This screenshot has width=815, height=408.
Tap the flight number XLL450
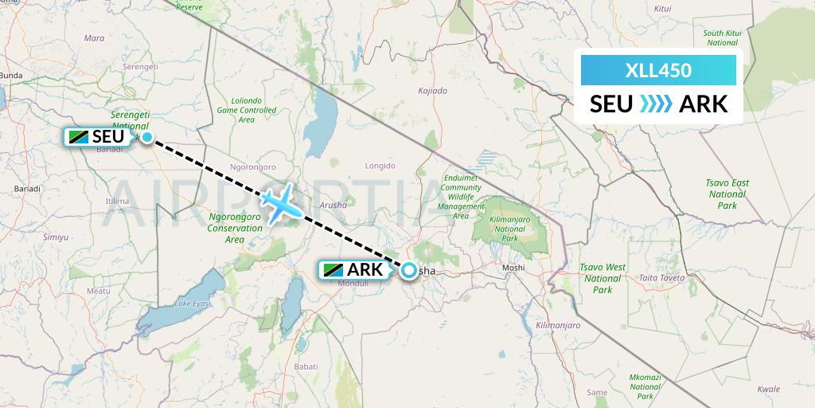coord(657,70)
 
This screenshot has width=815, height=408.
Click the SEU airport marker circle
coord(147,137)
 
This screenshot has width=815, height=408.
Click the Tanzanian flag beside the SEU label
coord(79,137)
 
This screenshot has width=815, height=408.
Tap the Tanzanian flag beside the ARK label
coord(333,270)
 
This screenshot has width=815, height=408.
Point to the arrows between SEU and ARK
coord(657,104)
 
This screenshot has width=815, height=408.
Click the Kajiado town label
coord(432,91)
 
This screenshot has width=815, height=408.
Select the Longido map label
coord(380,166)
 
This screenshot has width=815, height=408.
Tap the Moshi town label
coord(514,268)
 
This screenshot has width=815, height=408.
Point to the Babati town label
coord(306,366)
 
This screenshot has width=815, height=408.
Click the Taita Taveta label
coord(662,278)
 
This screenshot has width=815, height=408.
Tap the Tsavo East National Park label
coord(727,194)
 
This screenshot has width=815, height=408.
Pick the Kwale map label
coord(768,390)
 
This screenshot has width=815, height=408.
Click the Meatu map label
coord(99,292)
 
